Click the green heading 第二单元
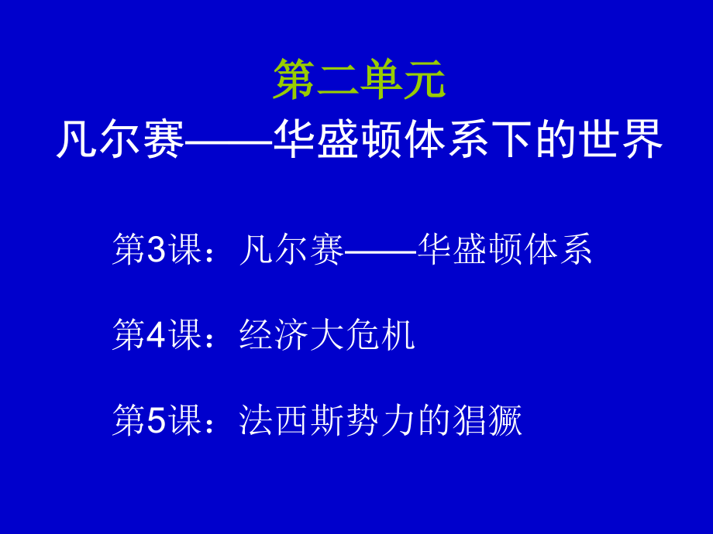click(x=359, y=80)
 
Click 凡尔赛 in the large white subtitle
click(x=120, y=139)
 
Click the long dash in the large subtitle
click(x=229, y=141)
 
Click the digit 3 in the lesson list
click(x=157, y=250)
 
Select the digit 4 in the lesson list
click(x=157, y=335)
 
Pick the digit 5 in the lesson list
click(x=157, y=420)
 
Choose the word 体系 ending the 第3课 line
click(x=559, y=250)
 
